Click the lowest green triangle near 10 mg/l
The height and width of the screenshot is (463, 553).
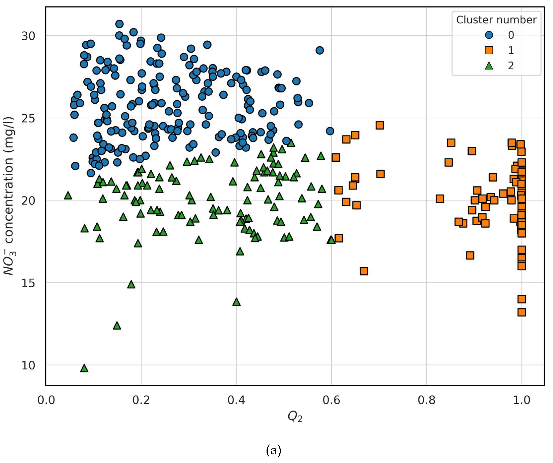[84, 369]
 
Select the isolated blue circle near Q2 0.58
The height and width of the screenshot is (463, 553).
[320, 50]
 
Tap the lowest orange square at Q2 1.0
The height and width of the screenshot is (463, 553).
[522, 312]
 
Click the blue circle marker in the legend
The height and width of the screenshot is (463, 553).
[489, 35]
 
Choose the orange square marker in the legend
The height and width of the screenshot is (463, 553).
[489, 50]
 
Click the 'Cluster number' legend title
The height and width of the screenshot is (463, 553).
[496, 20]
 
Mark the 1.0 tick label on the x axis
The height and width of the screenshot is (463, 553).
[521, 400]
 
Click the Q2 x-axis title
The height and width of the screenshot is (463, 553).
[295, 416]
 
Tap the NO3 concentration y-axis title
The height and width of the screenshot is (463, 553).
[9, 196]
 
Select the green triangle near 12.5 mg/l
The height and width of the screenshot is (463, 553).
[117, 326]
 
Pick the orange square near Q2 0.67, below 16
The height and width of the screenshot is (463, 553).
[364, 271]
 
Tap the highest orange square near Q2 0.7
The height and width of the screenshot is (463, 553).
[379, 125]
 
